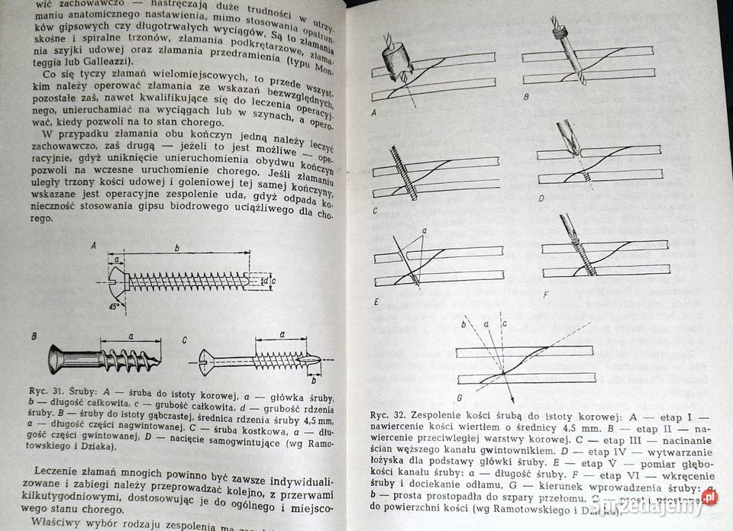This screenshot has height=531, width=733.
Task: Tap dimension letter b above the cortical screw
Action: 177,248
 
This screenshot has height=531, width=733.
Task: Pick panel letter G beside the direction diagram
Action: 460,398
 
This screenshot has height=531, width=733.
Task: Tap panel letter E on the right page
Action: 376,302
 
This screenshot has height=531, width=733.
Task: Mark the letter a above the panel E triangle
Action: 425,230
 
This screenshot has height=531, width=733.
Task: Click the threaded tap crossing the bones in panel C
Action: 404,174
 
